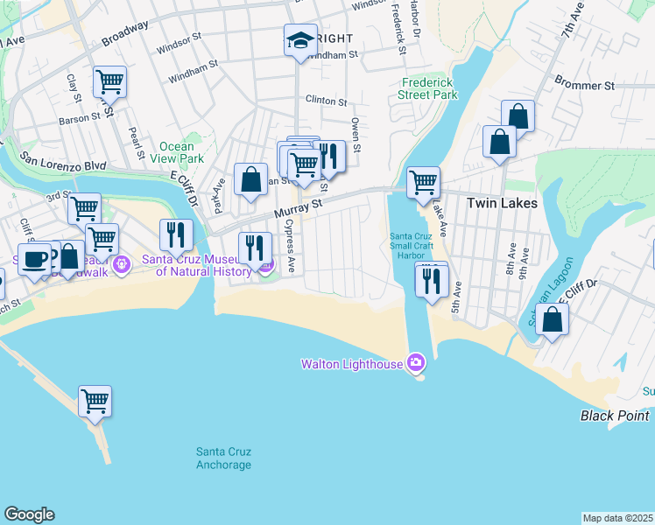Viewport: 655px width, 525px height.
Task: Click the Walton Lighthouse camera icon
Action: click(416, 363)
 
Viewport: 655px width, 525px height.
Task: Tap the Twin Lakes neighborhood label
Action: click(502, 203)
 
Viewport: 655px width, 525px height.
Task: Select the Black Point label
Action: click(614, 416)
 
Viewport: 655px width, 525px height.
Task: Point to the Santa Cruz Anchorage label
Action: click(223, 458)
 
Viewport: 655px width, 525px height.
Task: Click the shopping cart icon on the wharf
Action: click(95, 401)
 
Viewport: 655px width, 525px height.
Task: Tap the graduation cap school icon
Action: click(300, 40)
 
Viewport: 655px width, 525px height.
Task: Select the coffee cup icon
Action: click(34, 259)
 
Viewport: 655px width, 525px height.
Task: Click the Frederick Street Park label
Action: click(427, 87)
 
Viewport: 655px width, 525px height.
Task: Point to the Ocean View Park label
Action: click(181, 153)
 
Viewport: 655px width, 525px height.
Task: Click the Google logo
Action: click(29, 514)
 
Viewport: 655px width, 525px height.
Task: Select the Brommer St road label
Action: click(584, 86)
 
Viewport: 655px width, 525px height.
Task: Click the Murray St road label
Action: click(298, 207)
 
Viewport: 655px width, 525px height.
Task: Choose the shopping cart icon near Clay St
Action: click(109, 81)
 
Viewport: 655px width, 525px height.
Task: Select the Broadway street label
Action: click(124, 34)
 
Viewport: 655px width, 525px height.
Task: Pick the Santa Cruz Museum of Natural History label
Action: click(203, 265)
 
